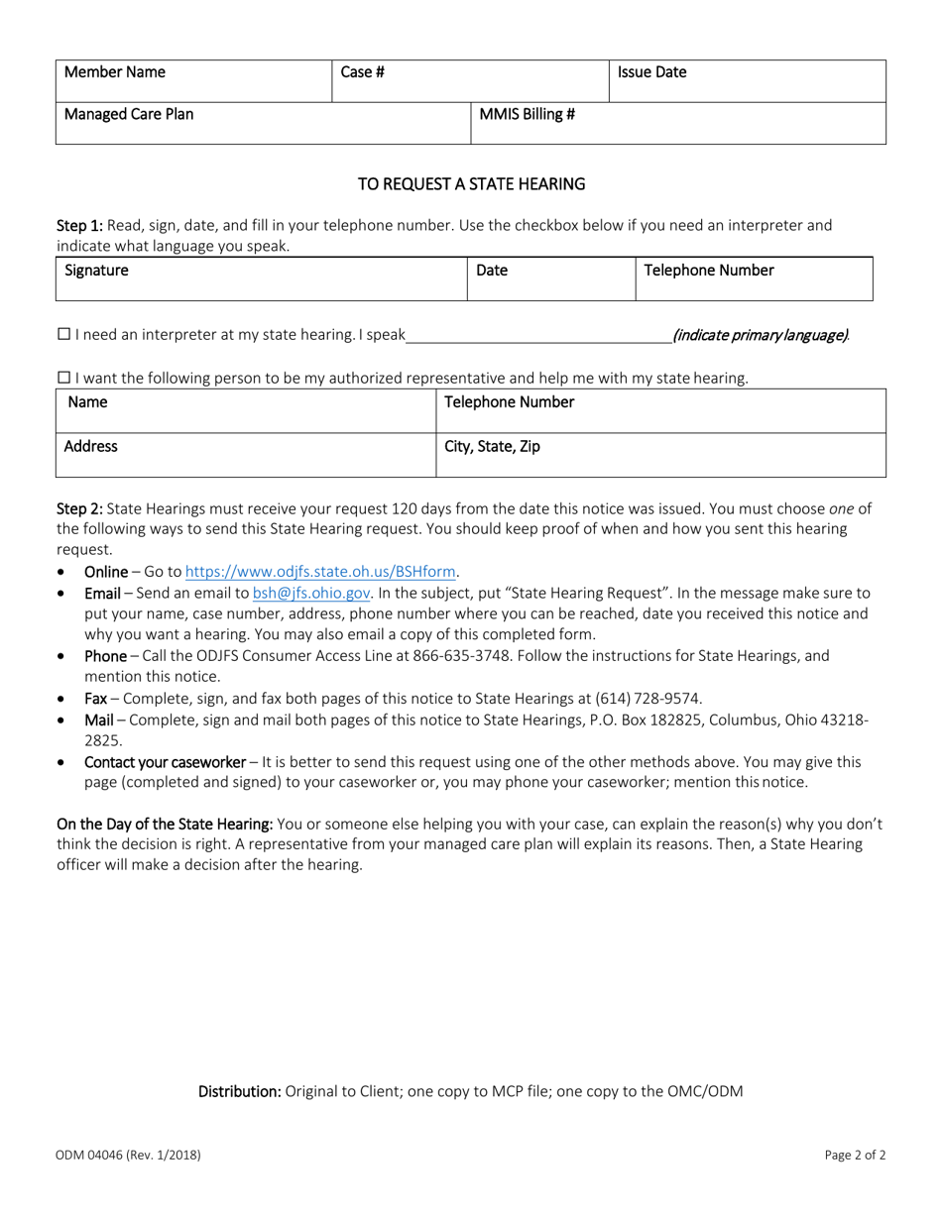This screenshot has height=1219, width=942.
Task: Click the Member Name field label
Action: (x=115, y=72)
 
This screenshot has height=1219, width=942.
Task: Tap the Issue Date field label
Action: (x=651, y=72)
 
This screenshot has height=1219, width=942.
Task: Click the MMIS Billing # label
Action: (x=527, y=114)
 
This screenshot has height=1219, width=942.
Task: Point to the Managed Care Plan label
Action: (x=129, y=114)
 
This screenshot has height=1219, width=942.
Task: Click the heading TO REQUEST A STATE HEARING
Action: (x=471, y=184)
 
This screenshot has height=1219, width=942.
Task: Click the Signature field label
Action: (x=96, y=271)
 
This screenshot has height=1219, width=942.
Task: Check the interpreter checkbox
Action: (x=63, y=335)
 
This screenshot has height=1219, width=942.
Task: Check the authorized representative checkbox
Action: (x=63, y=378)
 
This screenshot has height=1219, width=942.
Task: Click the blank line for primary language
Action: (x=538, y=335)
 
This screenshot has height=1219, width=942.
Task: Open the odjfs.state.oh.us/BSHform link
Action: (x=321, y=572)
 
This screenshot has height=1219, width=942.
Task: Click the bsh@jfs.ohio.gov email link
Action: (x=311, y=593)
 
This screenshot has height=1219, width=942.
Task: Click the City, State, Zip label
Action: (x=492, y=447)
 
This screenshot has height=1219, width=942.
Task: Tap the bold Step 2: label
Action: (x=79, y=508)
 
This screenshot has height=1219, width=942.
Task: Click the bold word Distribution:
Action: (x=240, y=1092)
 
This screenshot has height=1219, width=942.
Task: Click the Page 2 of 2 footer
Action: (x=855, y=1155)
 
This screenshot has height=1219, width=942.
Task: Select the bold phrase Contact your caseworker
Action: (x=165, y=762)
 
